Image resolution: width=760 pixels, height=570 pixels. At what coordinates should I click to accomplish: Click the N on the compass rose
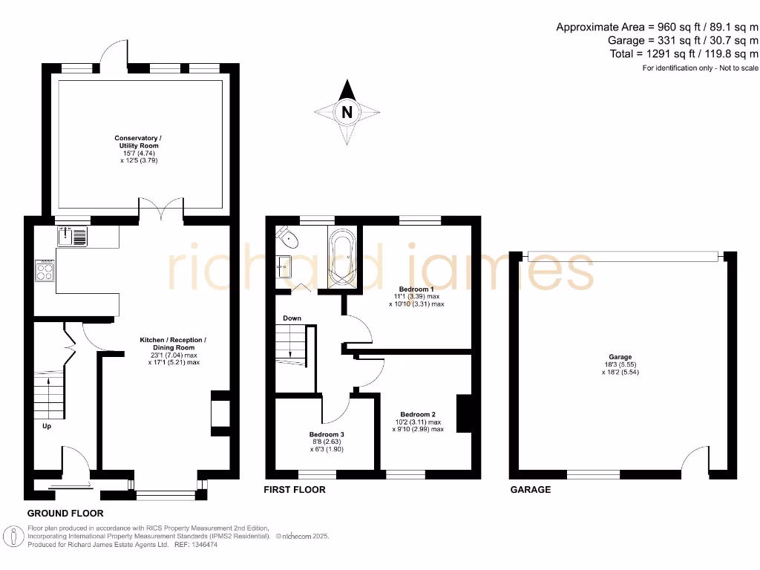(x=347, y=113)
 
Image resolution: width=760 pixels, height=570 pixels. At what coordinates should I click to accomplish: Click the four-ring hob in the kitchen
(x=44, y=271)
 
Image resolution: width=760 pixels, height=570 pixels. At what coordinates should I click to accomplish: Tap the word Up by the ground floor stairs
(x=47, y=427)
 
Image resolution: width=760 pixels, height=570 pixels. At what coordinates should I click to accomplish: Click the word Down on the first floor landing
(x=292, y=318)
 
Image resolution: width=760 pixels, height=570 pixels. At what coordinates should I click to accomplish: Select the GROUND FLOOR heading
(x=65, y=513)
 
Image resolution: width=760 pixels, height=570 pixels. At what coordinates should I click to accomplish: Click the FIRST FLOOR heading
(x=295, y=490)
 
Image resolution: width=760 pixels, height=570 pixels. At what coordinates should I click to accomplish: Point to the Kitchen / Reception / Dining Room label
(x=173, y=347)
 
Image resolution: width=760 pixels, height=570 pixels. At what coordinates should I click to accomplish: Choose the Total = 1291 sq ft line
(x=683, y=53)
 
